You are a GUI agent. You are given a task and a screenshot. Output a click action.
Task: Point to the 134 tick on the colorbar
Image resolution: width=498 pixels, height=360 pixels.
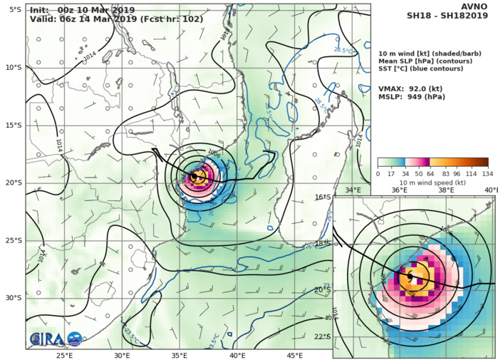(x=488, y=173)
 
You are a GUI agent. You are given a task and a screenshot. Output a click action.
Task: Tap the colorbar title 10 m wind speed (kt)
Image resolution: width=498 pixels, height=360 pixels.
(x=432, y=182)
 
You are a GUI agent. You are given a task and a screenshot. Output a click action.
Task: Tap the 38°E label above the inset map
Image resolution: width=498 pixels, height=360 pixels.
(x=445, y=190)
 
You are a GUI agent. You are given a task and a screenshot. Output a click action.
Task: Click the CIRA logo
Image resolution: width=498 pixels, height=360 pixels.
(x=47, y=339)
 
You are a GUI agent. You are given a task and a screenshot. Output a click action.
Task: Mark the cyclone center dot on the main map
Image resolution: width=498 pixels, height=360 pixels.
(x=194, y=176)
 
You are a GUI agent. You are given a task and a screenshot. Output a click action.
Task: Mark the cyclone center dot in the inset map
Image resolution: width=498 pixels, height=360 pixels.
(x=410, y=276)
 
